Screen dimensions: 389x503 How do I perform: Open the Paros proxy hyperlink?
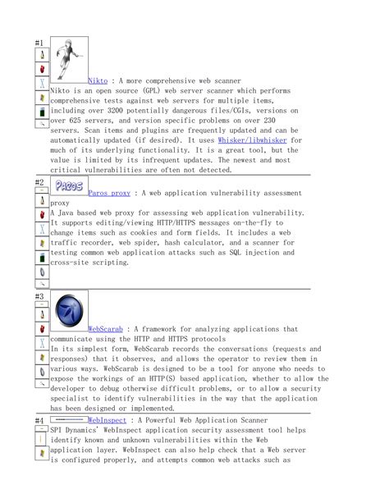point(109,192)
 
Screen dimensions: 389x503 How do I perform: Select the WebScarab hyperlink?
point(105,328)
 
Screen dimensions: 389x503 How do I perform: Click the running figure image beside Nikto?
point(70,57)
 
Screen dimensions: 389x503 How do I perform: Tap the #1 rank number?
point(39,42)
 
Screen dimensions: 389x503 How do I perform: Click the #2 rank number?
point(39,182)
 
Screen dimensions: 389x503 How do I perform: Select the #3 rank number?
point(39,296)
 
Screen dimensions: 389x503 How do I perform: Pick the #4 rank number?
point(39,421)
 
